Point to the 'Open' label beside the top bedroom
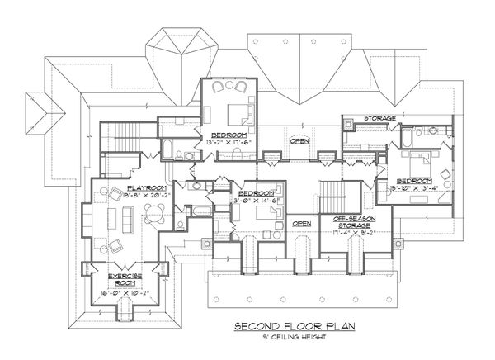(x=299, y=141)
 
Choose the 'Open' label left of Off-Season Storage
(x=302, y=223)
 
